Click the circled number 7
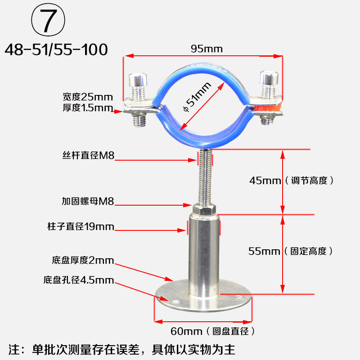48,20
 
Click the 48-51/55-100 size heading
56,49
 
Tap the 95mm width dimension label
207,49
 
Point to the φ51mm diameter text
197,97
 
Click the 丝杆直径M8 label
88,155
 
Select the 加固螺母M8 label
88,201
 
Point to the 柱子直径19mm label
81,227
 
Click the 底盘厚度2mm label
83,261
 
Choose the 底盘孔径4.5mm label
79,280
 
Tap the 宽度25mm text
88,97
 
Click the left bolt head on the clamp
138,80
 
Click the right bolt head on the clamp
269,78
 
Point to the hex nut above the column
204,208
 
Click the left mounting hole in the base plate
175,301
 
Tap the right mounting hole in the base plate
238,297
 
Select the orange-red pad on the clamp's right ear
267,108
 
